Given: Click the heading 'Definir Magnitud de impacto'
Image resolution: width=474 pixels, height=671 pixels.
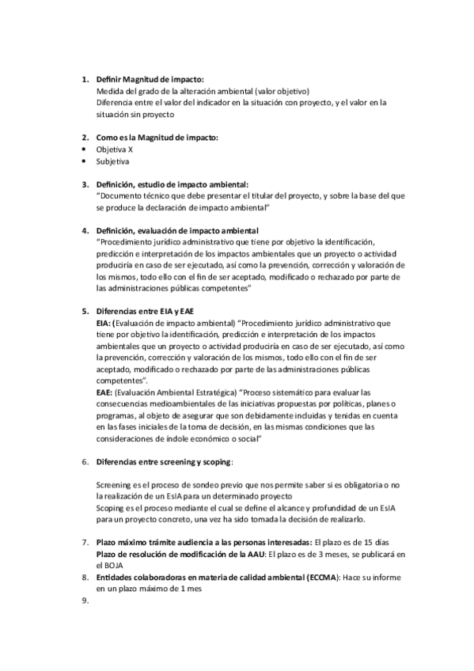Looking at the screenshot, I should point(150,80).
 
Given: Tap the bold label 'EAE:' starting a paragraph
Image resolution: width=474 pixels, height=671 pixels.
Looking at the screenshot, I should point(104,392).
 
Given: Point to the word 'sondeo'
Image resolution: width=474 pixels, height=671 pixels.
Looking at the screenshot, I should point(191,484).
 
